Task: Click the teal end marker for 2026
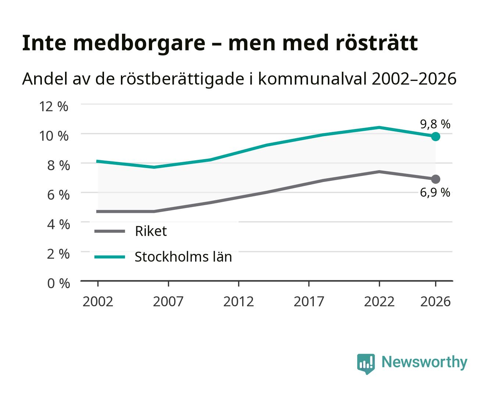(435, 137)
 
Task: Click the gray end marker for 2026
(435, 179)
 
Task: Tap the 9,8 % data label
(435, 124)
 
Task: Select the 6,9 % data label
(435, 193)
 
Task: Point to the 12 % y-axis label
(54, 107)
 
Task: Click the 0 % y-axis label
(58, 283)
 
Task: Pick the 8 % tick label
(58, 165)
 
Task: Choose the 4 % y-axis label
(58, 224)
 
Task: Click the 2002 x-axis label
(98, 301)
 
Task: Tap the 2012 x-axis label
(239, 301)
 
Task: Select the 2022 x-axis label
(379, 301)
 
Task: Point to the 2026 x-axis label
(435, 301)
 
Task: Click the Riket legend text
(151, 231)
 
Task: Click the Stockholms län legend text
(183, 257)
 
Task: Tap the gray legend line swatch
(110, 231)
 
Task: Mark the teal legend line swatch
(110, 257)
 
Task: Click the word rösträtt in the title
(377, 43)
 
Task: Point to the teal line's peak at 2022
(379, 127)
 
